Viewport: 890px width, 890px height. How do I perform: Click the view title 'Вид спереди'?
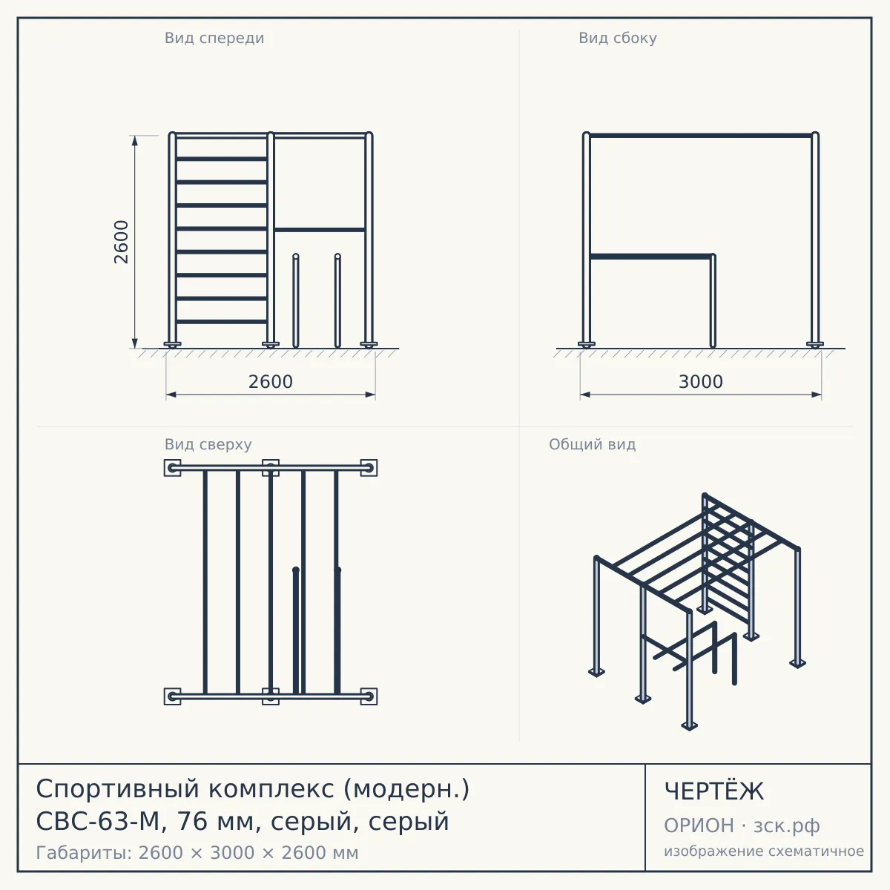pos(214,38)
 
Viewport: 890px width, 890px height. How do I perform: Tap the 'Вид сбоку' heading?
pos(618,38)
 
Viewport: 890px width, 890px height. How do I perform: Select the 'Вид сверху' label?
pos(208,444)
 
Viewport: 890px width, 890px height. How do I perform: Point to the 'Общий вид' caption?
pos(592,444)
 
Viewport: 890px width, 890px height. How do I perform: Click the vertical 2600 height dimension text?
pos(121,242)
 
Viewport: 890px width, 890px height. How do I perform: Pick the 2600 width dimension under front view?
pos(271,382)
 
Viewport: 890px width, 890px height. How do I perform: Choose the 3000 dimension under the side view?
pos(701,382)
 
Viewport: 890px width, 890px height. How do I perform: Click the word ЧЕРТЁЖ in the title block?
pos(714,791)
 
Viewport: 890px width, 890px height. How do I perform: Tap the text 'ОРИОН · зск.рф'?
pos(742,825)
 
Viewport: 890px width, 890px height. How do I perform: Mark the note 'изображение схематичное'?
pos(764,851)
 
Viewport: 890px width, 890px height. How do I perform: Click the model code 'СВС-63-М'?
pos(97,822)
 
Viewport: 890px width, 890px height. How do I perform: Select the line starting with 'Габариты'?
pos(197,853)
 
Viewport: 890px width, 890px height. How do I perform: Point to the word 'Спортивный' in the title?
pos(118,790)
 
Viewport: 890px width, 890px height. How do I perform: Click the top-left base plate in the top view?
pos(172,468)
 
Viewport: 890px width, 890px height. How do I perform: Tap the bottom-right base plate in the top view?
pos(369,696)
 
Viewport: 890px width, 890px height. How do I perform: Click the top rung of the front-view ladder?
pos(222,159)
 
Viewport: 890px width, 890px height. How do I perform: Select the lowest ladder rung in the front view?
pos(222,321)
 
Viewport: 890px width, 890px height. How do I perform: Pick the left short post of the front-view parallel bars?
pos(296,300)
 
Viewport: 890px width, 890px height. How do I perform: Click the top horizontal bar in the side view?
pos(701,136)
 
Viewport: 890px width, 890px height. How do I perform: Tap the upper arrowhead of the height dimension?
pos(134,140)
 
